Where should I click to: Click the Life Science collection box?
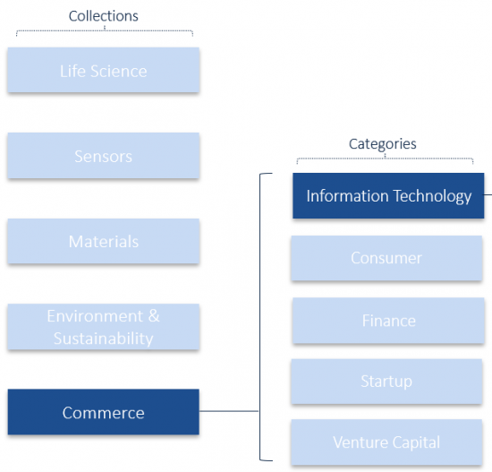click(x=104, y=70)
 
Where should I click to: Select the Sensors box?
click(x=104, y=156)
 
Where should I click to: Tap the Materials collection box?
click(x=104, y=241)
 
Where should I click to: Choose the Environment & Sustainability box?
click(x=104, y=327)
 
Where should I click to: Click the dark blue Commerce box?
click(x=104, y=412)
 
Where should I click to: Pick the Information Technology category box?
click(x=388, y=195)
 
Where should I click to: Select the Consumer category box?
click(x=386, y=258)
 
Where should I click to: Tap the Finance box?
click(x=388, y=321)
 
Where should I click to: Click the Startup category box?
click(x=386, y=382)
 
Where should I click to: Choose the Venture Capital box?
click(x=386, y=442)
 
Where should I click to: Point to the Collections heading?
click(x=104, y=16)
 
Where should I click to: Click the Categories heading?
click(x=383, y=144)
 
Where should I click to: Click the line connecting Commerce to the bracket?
click(x=229, y=411)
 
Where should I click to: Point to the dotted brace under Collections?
click(x=105, y=30)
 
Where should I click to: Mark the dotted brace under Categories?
click(x=385, y=159)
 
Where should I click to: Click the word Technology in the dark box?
click(x=432, y=196)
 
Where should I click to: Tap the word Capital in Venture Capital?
click(x=416, y=442)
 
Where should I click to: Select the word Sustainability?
click(x=104, y=339)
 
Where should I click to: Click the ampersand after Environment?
click(x=154, y=316)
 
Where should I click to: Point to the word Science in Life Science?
click(x=119, y=72)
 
